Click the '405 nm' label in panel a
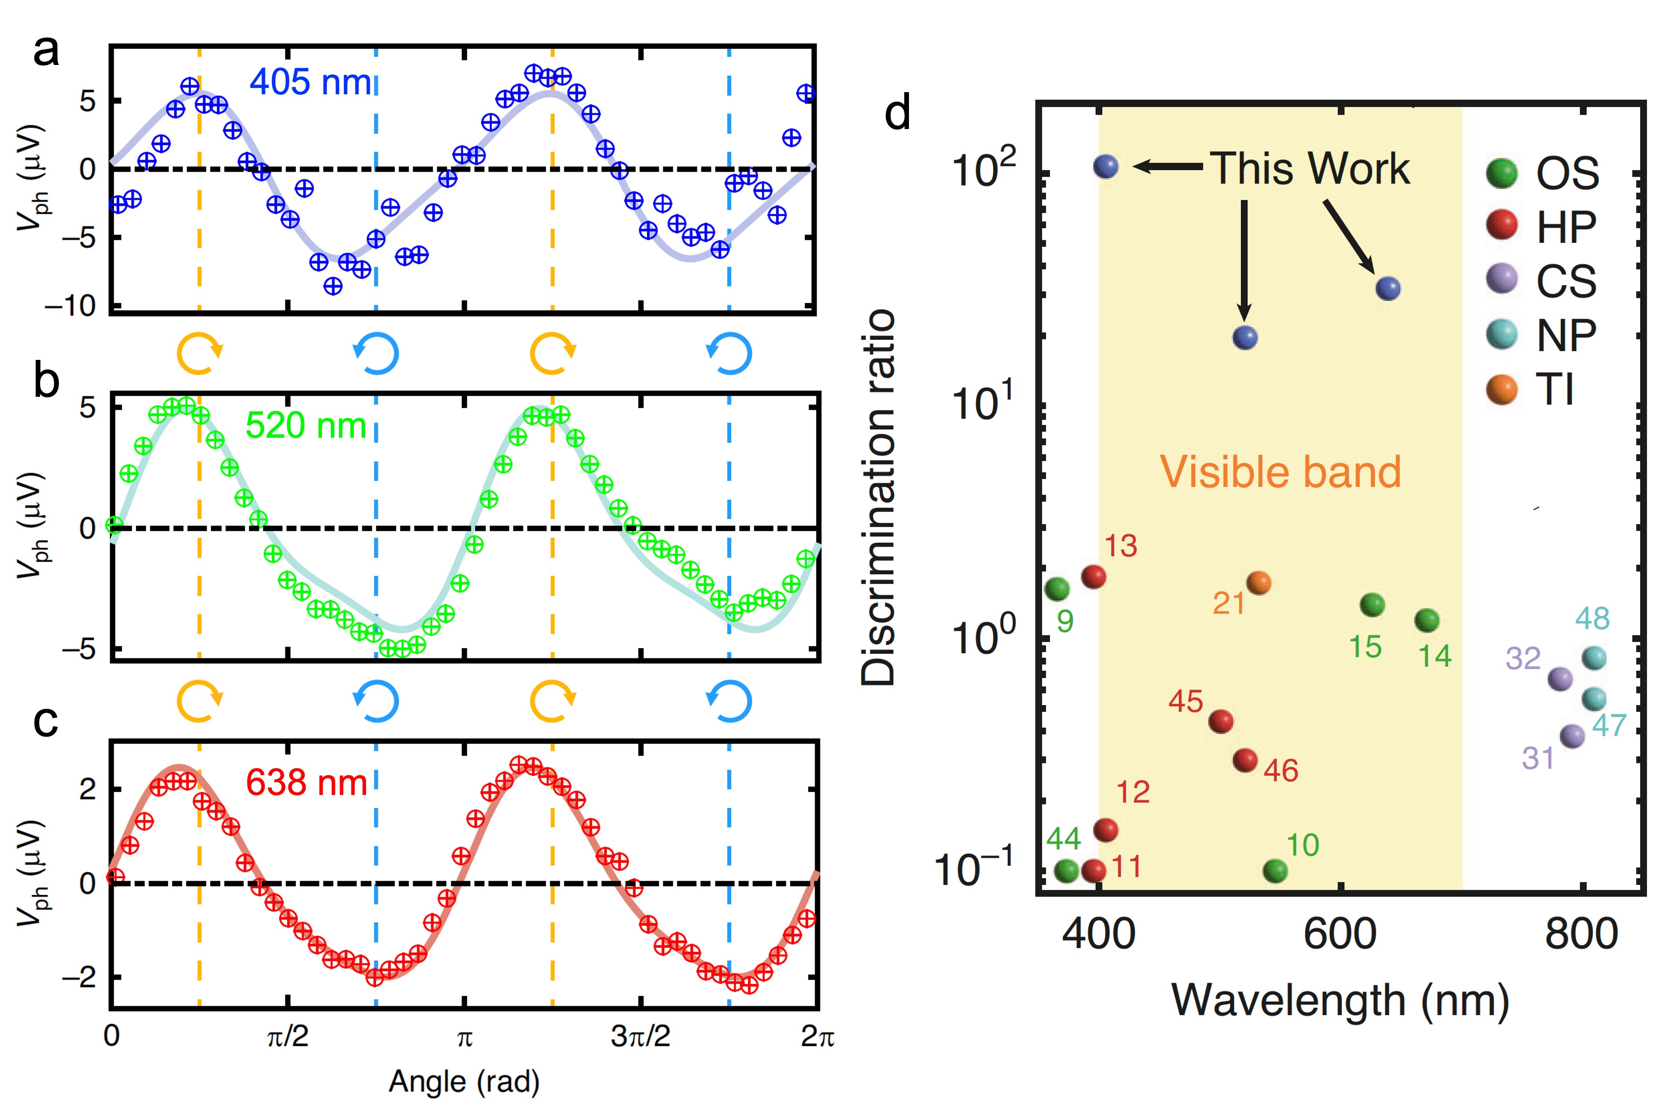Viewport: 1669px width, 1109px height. pos(310,82)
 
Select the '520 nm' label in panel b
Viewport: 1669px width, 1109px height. pos(306,426)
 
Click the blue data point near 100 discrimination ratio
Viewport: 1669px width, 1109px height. pos(1106,166)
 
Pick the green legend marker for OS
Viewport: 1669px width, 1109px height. pos(1501,173)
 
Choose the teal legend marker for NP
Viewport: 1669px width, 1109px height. pos(1501,334)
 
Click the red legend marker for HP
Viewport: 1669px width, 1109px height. pos(1501,226)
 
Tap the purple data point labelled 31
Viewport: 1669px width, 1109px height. pos(1572,736)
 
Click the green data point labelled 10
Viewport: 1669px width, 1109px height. pos(1275,871)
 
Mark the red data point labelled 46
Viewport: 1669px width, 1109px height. pos(1245,760)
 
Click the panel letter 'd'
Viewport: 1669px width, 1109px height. pos(898,113)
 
